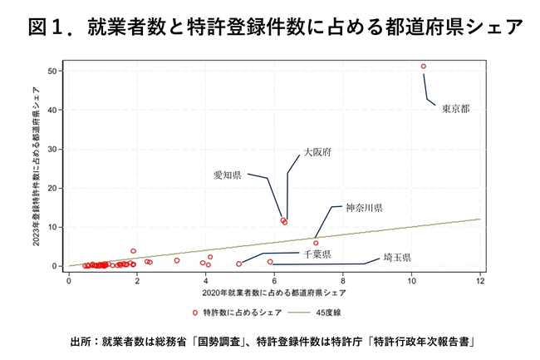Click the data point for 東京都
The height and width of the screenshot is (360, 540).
click(424, 66)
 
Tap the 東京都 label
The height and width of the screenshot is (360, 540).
click(455, 108)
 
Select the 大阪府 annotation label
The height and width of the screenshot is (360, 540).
click(317, 153)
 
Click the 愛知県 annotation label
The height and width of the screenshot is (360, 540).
click(227, 175)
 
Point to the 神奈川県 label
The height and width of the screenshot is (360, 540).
click(364, 206)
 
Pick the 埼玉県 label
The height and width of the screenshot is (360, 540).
click(398, 259)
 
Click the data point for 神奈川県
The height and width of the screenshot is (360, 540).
click(316, 243)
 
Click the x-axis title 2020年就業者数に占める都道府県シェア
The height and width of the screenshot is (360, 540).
click(274, 293)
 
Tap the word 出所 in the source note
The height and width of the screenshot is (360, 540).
click(80, 341)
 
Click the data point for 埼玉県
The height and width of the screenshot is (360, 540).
click(270, 261)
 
